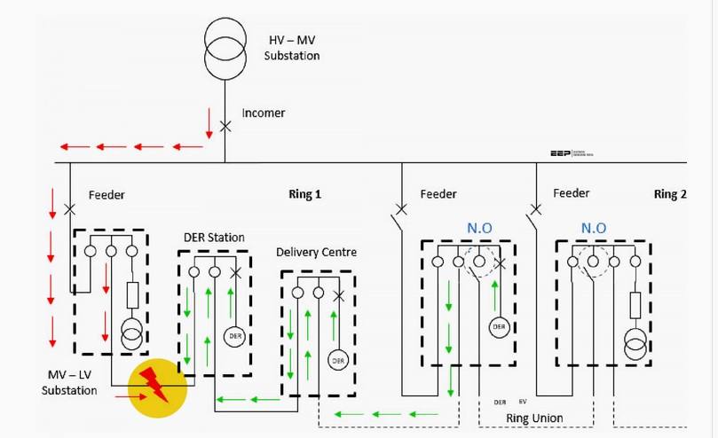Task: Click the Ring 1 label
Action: tap(304, 194)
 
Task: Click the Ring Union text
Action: tap(534, 418)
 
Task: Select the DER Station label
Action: tap(214, 237)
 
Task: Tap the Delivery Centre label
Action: tap(316, 253)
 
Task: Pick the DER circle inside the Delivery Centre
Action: tap(337, 360)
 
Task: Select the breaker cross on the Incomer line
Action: tap(225, 127)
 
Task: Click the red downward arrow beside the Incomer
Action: tap(209, 122)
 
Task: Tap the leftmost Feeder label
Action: tap(107, 194)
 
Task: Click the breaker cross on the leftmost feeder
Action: tap(70, 210)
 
